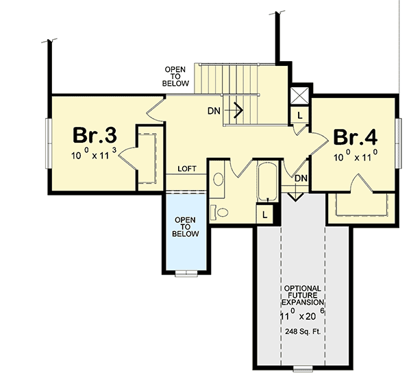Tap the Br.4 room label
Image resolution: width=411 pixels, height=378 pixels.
(x=356, y=136)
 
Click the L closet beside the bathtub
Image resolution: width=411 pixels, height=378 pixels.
(x=265, y=214)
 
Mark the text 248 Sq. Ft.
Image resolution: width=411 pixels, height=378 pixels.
(x=301, y=331)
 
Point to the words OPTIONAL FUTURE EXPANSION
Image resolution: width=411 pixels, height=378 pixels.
(x=301, y=295)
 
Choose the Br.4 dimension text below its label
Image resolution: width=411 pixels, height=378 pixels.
(x=356, y=156)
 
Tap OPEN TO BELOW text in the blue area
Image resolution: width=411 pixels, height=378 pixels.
(x=186, y=226)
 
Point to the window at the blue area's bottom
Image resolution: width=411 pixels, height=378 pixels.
(x=185, y=274)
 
